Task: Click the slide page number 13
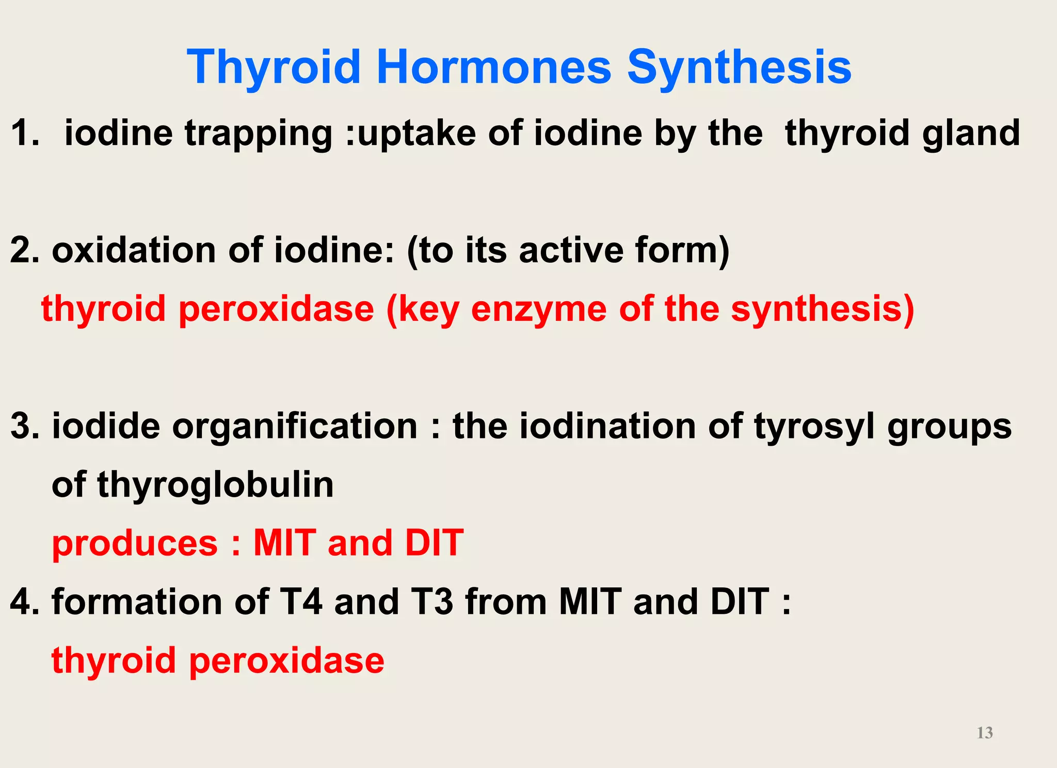pyautogui.click(x=985, y=732)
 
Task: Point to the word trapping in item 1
pyautogui.click(x=259, y=133)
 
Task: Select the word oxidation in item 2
pyautogui.click(x=134, y=250)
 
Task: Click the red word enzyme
pyautogui.click(x=539, y=309)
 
